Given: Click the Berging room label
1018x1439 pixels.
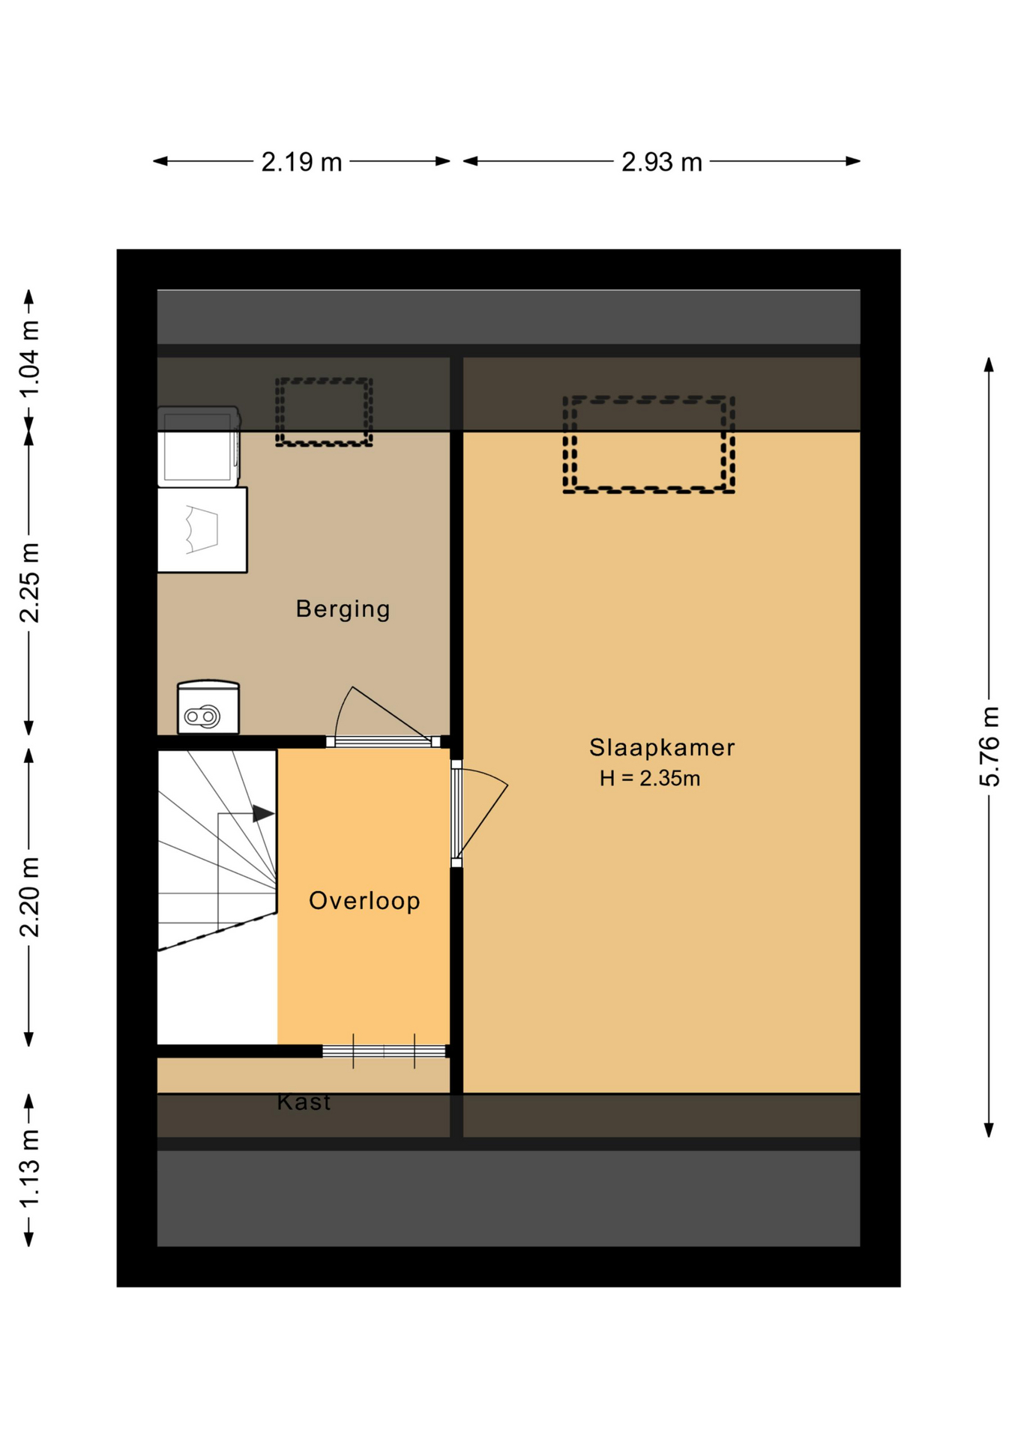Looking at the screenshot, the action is point(343,609).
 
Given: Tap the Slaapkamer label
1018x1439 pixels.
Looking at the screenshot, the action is point(662,747).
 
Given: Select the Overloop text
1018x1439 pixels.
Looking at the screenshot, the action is point(364,900).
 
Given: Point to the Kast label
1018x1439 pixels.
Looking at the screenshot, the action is point(304,1102).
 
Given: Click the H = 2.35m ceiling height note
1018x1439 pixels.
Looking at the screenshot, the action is point(650,779).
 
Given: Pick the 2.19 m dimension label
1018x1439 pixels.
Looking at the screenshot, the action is point(301,162).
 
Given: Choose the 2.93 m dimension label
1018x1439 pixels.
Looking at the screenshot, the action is point(662,162).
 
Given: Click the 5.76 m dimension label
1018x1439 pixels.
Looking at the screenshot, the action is point(990,746).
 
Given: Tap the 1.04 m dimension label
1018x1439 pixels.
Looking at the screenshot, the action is point(29,360).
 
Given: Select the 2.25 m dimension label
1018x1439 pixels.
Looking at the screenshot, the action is point(29,583).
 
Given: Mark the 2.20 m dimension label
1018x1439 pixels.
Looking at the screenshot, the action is point(29,897).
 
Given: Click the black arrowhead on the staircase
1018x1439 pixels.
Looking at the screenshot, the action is point(263,813).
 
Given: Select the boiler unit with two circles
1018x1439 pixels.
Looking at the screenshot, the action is point(208,708).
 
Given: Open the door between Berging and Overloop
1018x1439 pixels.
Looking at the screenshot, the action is point(383,717).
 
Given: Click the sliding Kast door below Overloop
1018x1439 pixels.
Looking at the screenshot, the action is point(384,1052).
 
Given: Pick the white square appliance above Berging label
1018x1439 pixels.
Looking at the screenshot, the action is point(202,530).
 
